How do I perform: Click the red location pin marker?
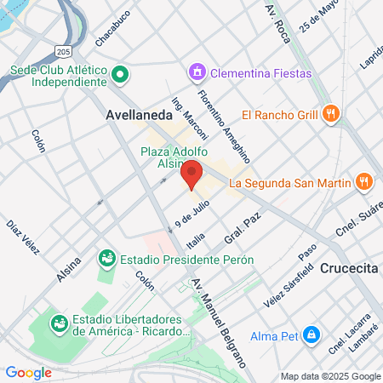pyautogui.click(x=191, y=174)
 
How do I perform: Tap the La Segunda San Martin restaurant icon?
pyautogui.click(x=363, y=180)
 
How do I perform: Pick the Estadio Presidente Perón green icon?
pyautogui.click(x=106, y=257)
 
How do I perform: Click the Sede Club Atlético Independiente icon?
pyautogui.click(x=121, y=75)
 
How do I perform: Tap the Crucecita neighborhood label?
pyautogui.click(x=350, y=268)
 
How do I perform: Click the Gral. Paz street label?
pyautogui.click(x=241, y=229)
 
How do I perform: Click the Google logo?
pyautogui.click(x=28, y=372)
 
